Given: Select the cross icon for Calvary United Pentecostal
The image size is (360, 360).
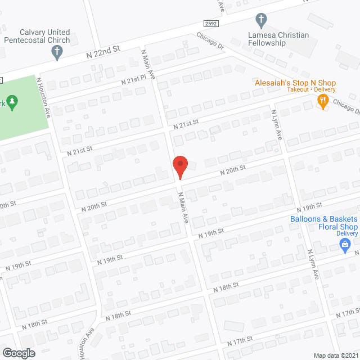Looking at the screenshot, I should (56, 53).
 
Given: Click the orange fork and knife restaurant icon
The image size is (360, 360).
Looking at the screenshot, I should (322, 101).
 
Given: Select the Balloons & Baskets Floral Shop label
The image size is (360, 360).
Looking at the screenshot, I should (323, 223).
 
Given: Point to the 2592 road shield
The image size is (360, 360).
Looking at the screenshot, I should (211, 23).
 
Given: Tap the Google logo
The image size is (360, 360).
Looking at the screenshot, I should (18, 353).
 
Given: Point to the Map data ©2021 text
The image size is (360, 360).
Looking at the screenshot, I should (335, 355).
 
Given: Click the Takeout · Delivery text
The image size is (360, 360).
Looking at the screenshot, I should (311, 90).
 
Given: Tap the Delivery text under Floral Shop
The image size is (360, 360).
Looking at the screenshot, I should (347, 234).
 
